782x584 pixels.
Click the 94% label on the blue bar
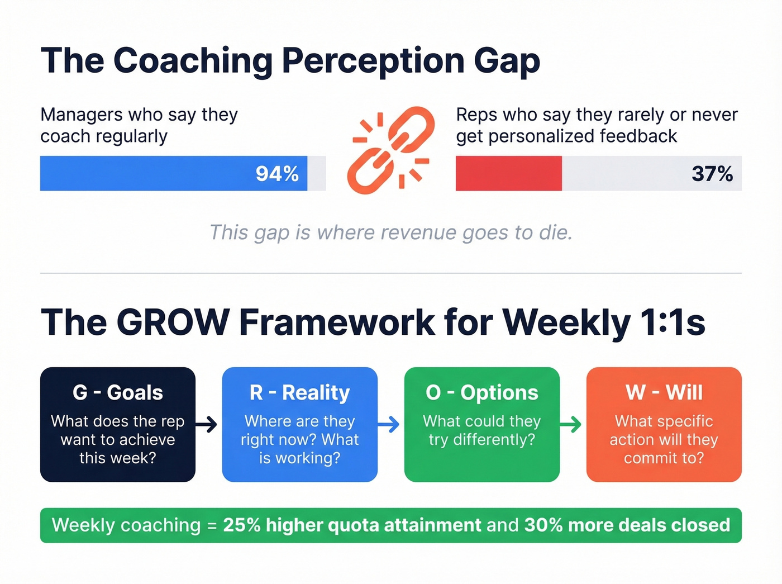pyautogui.click(x=277, y=174)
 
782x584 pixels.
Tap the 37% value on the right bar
pyautogui.click(x=712, y=174)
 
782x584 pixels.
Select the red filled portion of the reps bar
pyautogui.click(x=508, y=174)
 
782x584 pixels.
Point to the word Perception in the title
pyautogui.click(x=373, y=60)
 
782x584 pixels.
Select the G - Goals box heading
pyautogui.click(x=118, y=392)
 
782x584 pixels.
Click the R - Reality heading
pyautogui.click(x=300, y=392)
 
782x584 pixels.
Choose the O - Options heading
pyautogui.click(x=482, y=392)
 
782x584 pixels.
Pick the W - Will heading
pyautogui.click(x=664, y=392)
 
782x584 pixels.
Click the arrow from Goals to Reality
pyautogui.click(x=207, y=425)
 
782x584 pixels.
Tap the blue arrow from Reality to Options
pyautogui.click(x=389, y=425)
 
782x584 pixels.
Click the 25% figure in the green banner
pyautogui.click(x=242, y=525)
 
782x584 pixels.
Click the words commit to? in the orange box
pyautogui.click(x=664, y=458)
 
